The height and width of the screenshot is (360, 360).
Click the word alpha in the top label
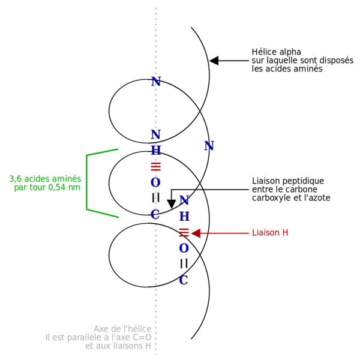[290, 52]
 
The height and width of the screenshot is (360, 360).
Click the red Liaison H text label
[270, 233]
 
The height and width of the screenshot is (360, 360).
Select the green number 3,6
[16, 179]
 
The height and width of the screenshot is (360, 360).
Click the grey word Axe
[101, 329]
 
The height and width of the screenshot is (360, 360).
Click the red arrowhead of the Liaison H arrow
[196, 233]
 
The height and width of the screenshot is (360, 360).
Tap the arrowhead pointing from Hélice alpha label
[214, 61]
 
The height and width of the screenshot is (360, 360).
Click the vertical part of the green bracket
[86, 182]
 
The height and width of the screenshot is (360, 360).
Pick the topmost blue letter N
[156, 82]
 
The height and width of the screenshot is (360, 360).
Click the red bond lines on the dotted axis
[155, 167]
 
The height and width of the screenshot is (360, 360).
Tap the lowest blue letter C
[184, 280]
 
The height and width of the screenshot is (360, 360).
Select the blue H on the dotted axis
[156, 150]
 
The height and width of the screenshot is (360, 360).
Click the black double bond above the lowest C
[184, 263]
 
